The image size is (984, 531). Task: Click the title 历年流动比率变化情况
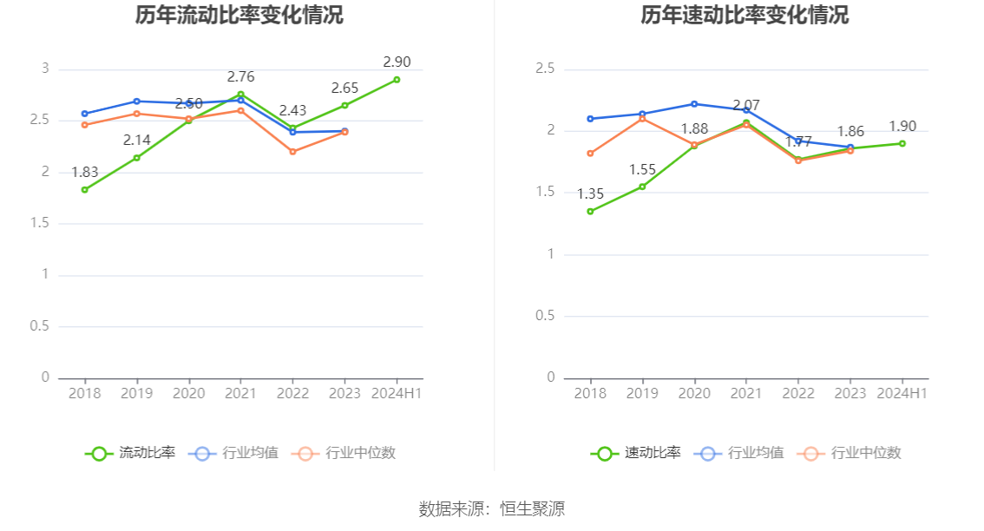pos(239,15)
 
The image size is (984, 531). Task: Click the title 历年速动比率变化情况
pos(745,15)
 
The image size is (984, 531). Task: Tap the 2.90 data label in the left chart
pos(397,62)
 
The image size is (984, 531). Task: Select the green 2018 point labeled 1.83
pos(85,189)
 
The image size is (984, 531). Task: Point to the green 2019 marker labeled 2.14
pos(137,158)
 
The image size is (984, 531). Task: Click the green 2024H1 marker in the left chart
pos(397,79)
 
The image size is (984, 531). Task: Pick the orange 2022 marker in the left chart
pos(293,152)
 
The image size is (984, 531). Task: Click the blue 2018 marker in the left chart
pos(85,114)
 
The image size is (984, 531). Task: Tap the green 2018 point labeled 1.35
pos(590,211)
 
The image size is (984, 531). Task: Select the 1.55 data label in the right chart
pos(643,170)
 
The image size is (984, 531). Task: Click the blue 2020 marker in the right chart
pos(694,104)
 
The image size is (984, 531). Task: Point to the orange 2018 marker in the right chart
pos(590,154)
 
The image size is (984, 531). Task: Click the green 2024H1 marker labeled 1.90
pos(902,143)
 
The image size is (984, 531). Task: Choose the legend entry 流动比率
pos(130,453)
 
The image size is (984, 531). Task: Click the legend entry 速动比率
pos(636,453)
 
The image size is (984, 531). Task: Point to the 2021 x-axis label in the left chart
pos(240,393)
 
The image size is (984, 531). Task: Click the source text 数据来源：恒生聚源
pos(492,509)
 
